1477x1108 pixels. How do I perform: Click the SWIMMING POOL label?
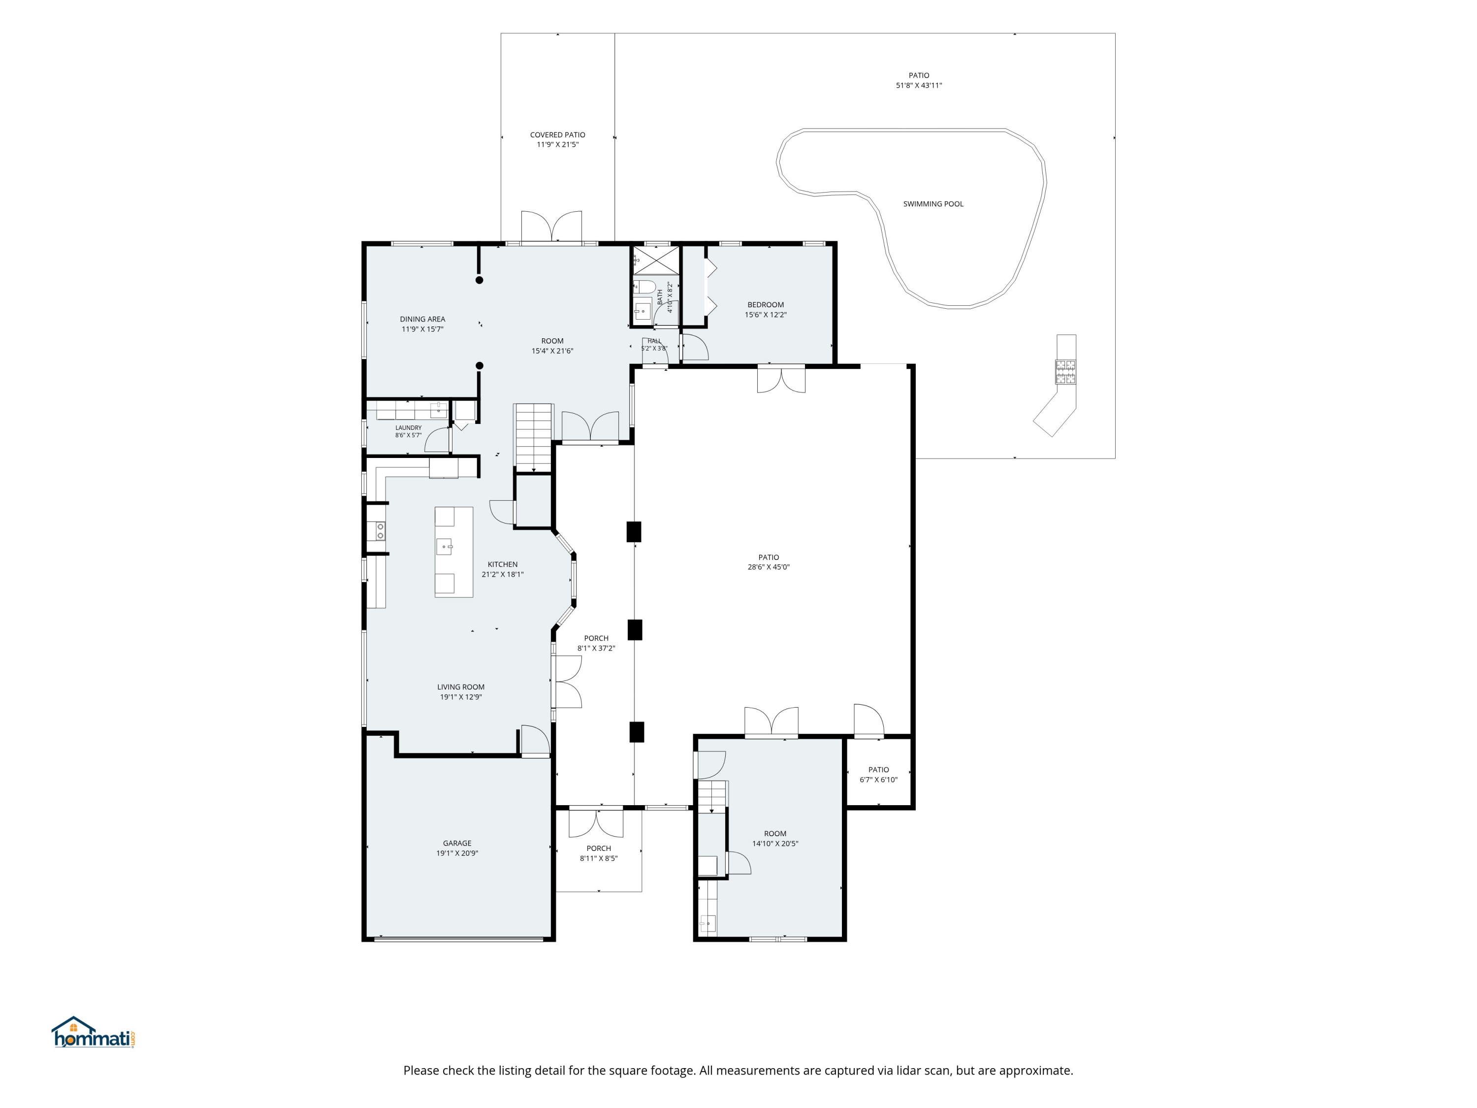pyautogui.click(x=933, y=204)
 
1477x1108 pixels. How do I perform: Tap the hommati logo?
pyautogui.click(x=94, y=1033)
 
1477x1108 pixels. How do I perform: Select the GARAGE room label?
pyautogui.click(x=457, y=843)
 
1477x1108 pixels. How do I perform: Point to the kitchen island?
pyautogui.click(x=454, y=552)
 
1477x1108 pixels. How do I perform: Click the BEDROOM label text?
pyautogui.click(x=766, y=304)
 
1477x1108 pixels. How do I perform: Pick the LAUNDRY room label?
pyautogui.click(x=409, y=427)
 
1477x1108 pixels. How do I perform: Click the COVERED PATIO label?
pyautogui.click(x=557, y=135)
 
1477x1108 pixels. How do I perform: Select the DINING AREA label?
pyautogui.click(x=422, y=319)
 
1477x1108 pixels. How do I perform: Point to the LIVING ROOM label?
pyautogui.click(x=461, y=686)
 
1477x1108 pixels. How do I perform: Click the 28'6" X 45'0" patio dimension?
pyautogui.click(x=769, y=567)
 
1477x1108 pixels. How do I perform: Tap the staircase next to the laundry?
pyautogui.click(x=534, y=437)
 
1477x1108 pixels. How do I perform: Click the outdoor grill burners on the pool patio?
pyautogui.click(x=1065, y=372)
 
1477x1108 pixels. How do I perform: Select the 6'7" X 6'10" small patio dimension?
pyautogui.click(x=879, y=780)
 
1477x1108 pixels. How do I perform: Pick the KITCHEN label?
pyautogui.click(x=503, y=564)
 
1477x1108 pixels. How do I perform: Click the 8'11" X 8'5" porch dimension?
pyautogui.click(x=599, y=858)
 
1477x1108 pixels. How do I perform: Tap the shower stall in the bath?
pyautogui.click(x=656, y=261)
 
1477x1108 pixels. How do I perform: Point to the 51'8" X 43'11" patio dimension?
pyautogui.click(x=919, y=86)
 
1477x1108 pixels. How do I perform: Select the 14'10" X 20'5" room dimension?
pyautogui.click(x=775, y=844)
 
